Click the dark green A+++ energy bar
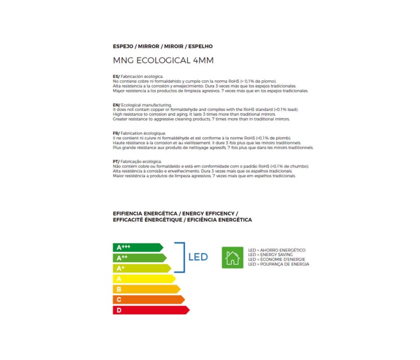pyautogui.click(x=137, y=247)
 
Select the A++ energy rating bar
pyautogui.click(x=140, y=257)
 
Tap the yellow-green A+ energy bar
pyautogui.click(x=142, y=268)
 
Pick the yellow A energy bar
pyautogui.click(x=144, y=278)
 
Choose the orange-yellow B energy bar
pyautogui.click(x=146, y=289)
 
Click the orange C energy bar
pyautogui.click(x=148, y=299)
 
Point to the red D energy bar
pyautogui.click(x=151, y=310)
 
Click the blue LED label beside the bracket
pyautogui.click(x=198, y=257)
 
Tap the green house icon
pyautogui.click(x=232, y=257)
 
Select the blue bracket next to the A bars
pyautogui.click(x=180, y=257)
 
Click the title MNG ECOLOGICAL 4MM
pyautogui.click(x=163, y=61)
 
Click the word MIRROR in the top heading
pyautogui.click(x=149, y=46)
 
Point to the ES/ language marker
pyautogui.click(x=116, y=77)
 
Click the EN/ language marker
pyautogui.click(x=116, y=105)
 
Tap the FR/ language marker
pyautogui.click(x=116, y=133)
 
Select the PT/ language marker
pyautogui.click(x=116, y=161)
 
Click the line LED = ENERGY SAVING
pyautogui.click(x=271, y=254)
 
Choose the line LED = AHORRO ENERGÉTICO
pyautogui.click(x=277, y=250)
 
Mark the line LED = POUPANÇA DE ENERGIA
pyautogui.click(x=278, y=264)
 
